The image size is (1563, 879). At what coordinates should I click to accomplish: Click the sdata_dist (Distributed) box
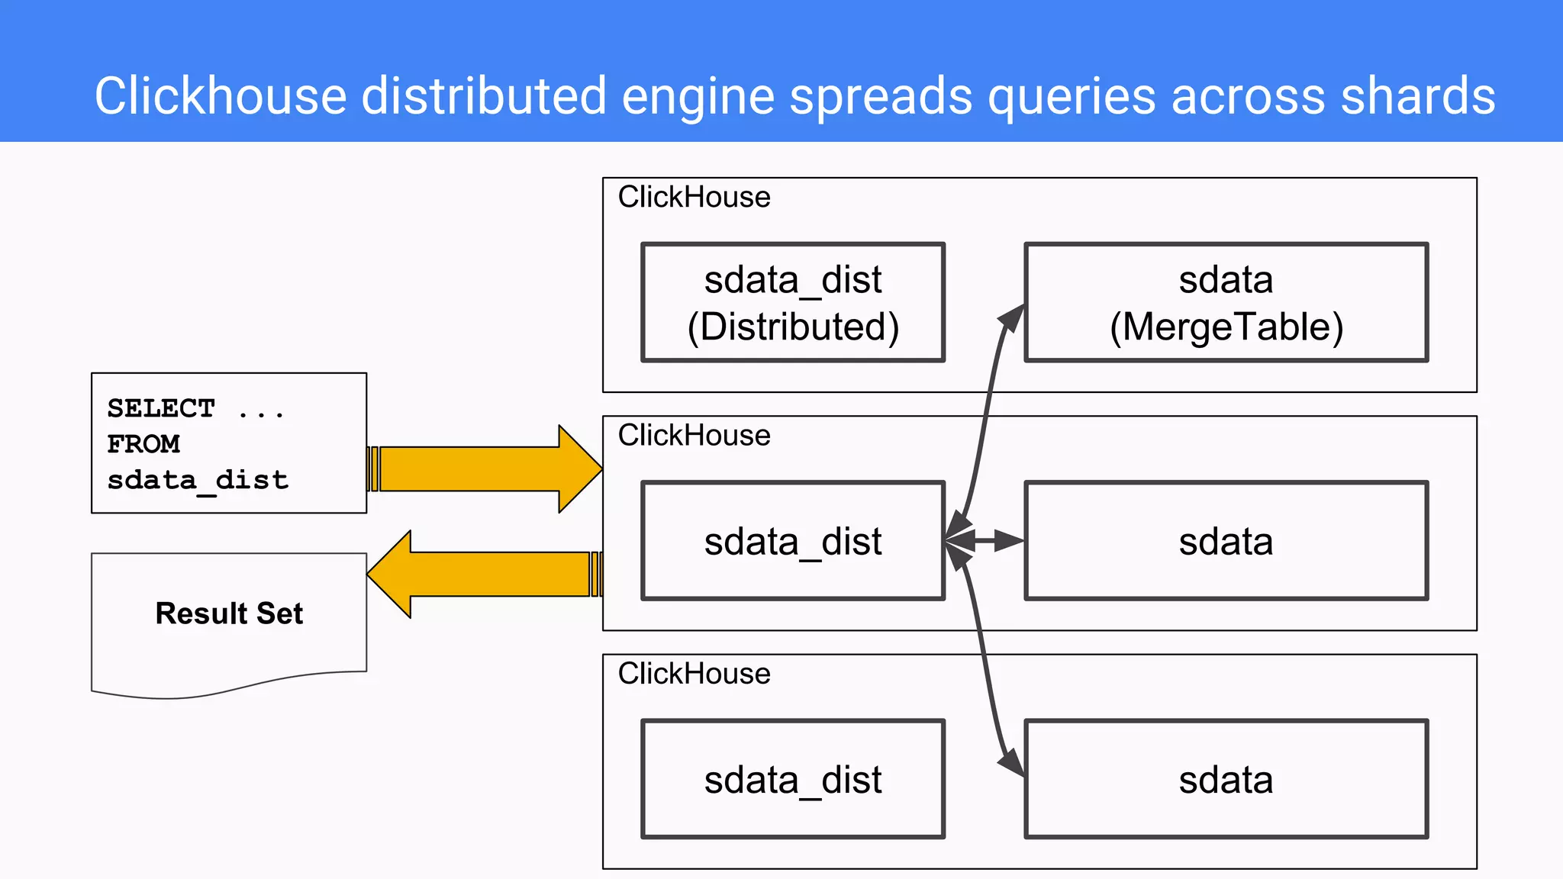(x=793, y=302)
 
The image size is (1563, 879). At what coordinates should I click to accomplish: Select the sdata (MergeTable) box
(x=1226, y=302)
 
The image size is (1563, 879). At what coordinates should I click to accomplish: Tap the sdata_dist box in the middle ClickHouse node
(x=793, y=540)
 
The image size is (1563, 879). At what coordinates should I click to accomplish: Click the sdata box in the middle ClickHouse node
(x=1226, y=540)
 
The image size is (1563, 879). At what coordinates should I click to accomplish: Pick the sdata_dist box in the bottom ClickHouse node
(x=793, y=778)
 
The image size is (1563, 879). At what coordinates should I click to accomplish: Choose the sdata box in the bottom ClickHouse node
(x=1226, y=778)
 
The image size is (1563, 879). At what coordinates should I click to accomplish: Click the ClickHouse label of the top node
(x=694, y=197)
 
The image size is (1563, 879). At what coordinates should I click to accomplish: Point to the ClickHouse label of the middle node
(x=694, y=435)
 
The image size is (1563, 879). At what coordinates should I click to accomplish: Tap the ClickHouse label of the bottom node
(x=694, y=673)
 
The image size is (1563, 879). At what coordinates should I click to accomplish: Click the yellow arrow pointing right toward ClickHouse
(x=488, y=468)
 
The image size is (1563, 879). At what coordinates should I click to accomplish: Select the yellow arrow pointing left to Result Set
(x=488, y=574)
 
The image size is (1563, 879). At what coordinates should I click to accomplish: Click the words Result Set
(x=229, y=613)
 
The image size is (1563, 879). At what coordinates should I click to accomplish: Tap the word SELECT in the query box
(x=161, y=408)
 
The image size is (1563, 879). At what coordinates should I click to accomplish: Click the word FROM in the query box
(x=143, y=444)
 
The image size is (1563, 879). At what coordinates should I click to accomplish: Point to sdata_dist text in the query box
(x=198, y=480)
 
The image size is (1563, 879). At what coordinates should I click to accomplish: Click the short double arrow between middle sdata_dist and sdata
(x=985, y=540)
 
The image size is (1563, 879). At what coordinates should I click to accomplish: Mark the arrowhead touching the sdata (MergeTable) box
(x=1013, y=317)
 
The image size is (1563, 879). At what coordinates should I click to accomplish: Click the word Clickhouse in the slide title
(x=221, y=96)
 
